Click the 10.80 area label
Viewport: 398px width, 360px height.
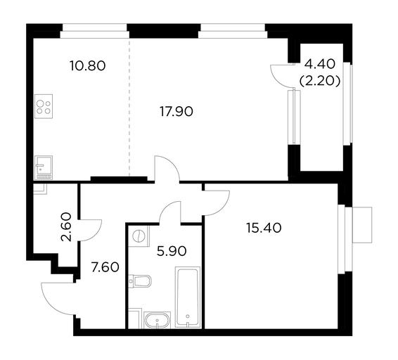88,66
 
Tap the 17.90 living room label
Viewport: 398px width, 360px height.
176,112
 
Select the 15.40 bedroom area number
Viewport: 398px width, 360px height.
264,228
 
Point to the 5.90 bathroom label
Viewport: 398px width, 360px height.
172,251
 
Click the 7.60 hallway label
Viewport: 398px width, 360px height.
105,268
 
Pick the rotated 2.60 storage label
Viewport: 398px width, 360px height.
67,226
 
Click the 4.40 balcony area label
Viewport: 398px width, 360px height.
320,64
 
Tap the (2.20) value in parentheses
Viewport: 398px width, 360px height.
320,82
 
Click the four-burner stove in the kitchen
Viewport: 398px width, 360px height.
44,106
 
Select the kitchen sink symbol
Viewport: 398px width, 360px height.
44,167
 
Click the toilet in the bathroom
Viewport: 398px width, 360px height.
140,281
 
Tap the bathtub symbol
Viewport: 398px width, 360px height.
188,297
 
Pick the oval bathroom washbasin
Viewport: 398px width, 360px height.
158,320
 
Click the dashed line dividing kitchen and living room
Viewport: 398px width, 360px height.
129,107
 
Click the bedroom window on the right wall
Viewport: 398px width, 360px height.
342,239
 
